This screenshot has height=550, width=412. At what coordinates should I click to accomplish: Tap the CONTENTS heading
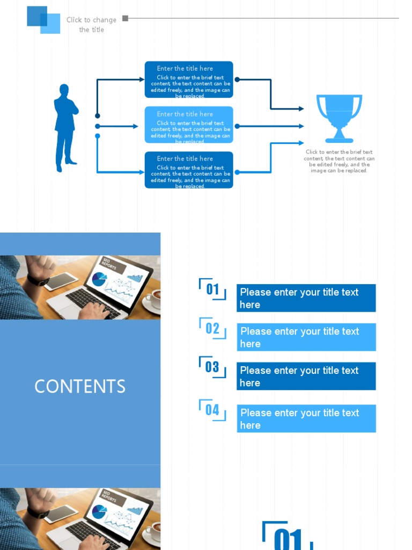click(x=80, y=386)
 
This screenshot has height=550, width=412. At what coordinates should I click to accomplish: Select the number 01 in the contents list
click(x=213, y=290)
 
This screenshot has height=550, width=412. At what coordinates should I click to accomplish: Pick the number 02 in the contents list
click(x=213, y=329)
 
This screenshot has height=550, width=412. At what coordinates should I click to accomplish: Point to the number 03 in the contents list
click(x=212, y=367)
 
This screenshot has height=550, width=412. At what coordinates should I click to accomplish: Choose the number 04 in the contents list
click(x=212, y=410)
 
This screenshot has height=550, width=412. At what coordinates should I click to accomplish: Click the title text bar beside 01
click(x=306, y=298)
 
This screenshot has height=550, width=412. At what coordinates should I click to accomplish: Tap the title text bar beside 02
click(x=306, y=337)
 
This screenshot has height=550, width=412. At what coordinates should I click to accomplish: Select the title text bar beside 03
click(x=306, y=376)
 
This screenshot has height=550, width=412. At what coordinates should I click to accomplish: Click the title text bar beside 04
click(x=306, y=418)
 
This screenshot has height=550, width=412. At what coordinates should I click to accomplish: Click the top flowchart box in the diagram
click(x=189, y=79)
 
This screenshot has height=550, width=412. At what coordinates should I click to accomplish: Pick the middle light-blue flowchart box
click(x=189, y=125)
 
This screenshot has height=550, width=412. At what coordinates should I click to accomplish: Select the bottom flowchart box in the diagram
click(x=189, y=170)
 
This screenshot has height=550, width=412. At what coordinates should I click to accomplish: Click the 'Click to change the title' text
click(x=91, y=25)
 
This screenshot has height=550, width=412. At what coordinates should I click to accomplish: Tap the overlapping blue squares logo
click(x=43, y=20)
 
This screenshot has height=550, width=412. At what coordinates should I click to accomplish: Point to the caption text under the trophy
click(x=339, y=161)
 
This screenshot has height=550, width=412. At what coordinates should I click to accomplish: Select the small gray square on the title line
click(x=125, y=18)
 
